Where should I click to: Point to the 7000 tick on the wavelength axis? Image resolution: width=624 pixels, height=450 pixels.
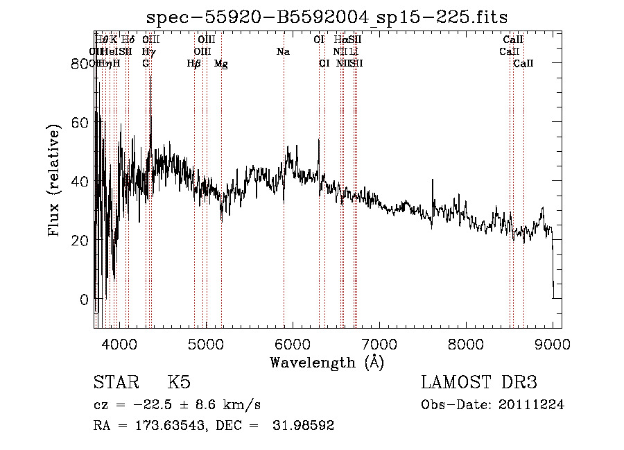pyautogui.click(x=379, y=343)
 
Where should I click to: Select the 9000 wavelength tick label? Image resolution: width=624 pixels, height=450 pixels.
pyautogui.click(x=552, y=343)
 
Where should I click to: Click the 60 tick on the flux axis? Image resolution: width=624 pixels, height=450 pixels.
pyautogui.click(x=80, y=123)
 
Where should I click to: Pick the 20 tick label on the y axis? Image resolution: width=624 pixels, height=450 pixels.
pyautogui.click(x=80, y=241)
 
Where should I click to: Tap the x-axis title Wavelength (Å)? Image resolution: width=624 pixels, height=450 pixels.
pyautogui.click(x=327, y=362)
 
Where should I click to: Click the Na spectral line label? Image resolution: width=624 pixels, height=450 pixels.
pyautogui.click(x=283, y=52)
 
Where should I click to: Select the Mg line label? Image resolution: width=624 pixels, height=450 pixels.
pyautogui.click(x=220, y=64)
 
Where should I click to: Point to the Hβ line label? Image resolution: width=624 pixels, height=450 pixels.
pyautogui.click(x=194, y=64)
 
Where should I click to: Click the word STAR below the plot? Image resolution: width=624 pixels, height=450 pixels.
pyautogui.click(x=114, y=383)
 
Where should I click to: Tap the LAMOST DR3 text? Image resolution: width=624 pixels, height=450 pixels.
pyautogui.click(x=478, y=383)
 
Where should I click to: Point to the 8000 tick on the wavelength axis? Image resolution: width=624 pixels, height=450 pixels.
pyautogui.click(x=466, y=343)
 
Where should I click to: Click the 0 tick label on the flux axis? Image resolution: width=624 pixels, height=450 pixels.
pyautogui.click(x=85, y=300)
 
